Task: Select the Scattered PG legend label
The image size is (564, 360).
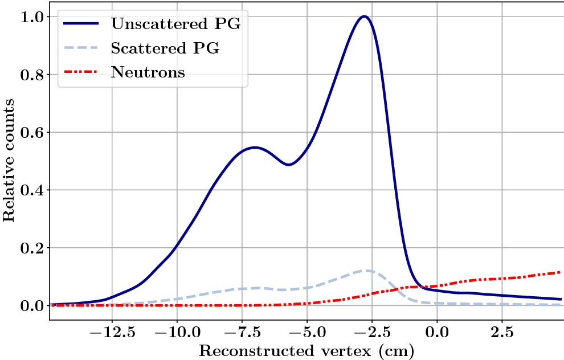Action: pos(165,48)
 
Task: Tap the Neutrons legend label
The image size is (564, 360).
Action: pos(148,73)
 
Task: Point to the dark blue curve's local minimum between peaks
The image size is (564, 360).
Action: pos(289,165)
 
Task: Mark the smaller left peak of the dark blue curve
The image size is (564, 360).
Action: pos(255,148)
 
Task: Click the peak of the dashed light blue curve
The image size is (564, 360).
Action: pos(367,271)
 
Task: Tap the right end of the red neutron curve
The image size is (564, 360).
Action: pos(561,272)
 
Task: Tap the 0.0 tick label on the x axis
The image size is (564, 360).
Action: pos(437,330)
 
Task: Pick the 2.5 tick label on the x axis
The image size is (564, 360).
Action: pos(502,330)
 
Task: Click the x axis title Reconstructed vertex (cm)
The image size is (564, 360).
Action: pos(306,350)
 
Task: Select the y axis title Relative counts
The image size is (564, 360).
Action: pos(9,160)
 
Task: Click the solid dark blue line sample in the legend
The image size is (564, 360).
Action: pos(82,24)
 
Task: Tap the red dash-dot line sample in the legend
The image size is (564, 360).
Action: pos(82,73)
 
